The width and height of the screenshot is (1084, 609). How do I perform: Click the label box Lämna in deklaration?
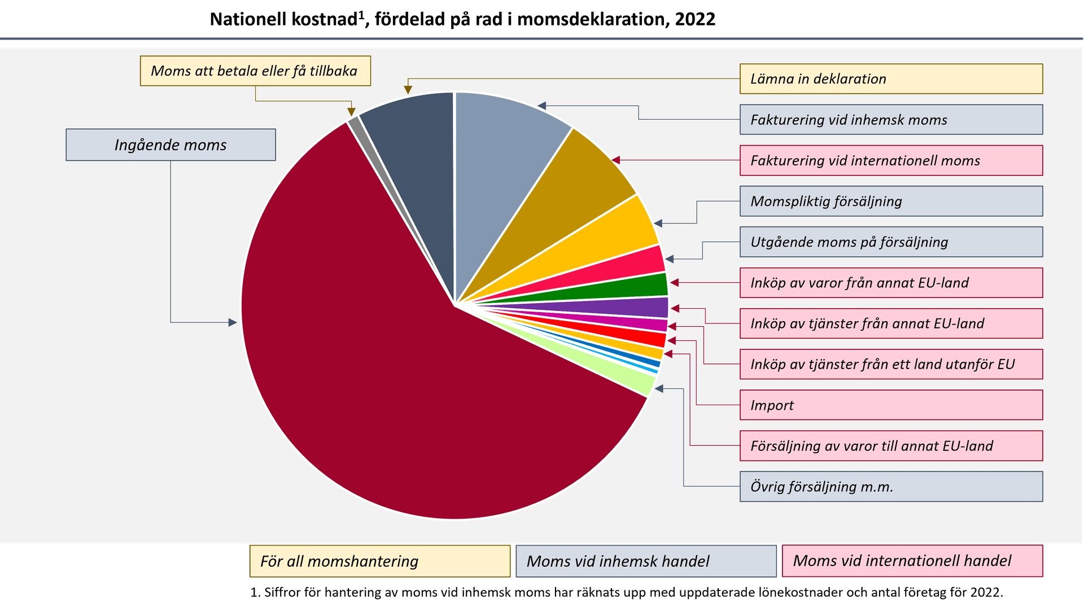pyautogui.click(x=890, y=78)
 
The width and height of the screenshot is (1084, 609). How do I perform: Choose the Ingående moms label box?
pyautogui.click(x=171, y=145)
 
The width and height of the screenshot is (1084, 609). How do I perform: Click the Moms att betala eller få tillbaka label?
pyautogui.click(x=255, y=71)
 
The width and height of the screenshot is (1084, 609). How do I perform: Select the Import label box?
pyautogui.click(x=890, y=405)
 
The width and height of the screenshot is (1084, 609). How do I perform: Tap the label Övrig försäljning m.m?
pyautogui.click(x=890, y=487)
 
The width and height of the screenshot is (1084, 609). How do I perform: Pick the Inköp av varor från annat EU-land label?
pyautogui.click(x=890, y=283)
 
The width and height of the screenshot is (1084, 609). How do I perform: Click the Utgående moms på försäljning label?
pyautogui.click(x=890, y=242)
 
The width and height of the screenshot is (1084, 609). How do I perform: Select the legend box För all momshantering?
pyautogui.click(x=380, y=561)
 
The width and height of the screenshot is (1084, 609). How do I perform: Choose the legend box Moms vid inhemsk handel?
pyautogui.click(x=646, y=561)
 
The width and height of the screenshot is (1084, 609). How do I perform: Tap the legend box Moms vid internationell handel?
pyautogui.click(x=912, y=561)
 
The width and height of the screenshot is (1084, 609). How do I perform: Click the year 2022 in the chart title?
pyautogui.click(x=695, y=19)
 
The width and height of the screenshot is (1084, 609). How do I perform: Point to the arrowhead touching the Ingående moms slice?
pyautogui.click(x=233, y=322)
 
